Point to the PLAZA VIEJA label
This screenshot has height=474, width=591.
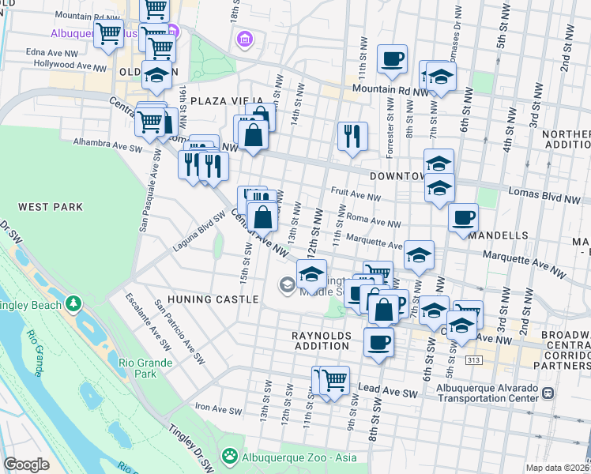pos(220,102)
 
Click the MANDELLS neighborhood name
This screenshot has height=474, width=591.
pos(498,235)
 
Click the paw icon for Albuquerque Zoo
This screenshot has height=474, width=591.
pos(230,455)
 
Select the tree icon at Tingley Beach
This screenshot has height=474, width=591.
pos(73,303)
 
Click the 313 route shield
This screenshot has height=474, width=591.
pos(495,359)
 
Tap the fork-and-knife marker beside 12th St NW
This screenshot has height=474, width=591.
pos(352,135)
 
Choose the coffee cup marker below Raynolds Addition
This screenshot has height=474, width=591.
pos(378,342)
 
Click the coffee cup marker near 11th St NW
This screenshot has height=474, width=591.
pos(393,59)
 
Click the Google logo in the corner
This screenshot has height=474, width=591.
pos(25,465)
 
